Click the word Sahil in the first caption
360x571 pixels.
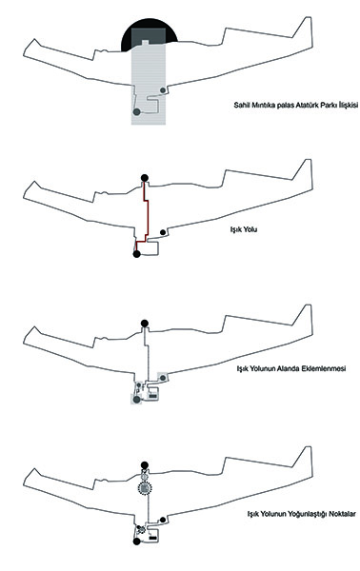pos(241,106)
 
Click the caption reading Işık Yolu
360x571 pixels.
pos(244,229)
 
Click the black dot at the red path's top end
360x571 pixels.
pos(145,178)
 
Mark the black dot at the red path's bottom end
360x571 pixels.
pos(136,254)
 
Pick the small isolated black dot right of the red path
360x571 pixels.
pos(163,232)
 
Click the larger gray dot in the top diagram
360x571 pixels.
pos(136,111)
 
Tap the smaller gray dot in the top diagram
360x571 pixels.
pos(163,90)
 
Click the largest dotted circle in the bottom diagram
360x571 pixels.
pos(145,488)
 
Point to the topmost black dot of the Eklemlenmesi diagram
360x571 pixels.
pos(145,323)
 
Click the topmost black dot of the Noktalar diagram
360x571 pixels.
pos(145,465)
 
